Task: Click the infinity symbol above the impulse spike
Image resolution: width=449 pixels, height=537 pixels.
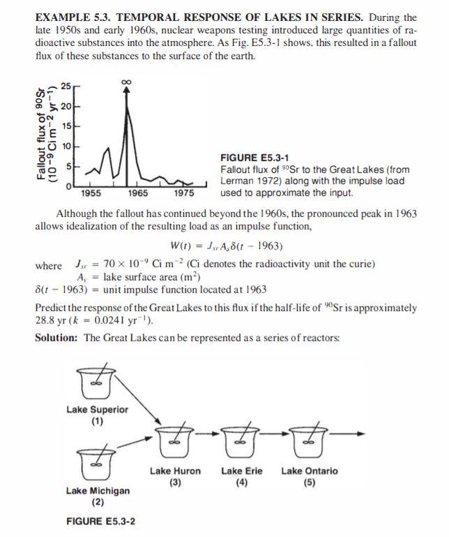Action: (126, 84)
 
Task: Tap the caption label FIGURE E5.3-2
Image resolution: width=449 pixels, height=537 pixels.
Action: (100, 521)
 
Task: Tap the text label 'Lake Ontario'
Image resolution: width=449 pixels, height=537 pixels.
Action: (309, 471)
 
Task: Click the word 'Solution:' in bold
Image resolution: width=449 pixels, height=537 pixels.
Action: (57, 338)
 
